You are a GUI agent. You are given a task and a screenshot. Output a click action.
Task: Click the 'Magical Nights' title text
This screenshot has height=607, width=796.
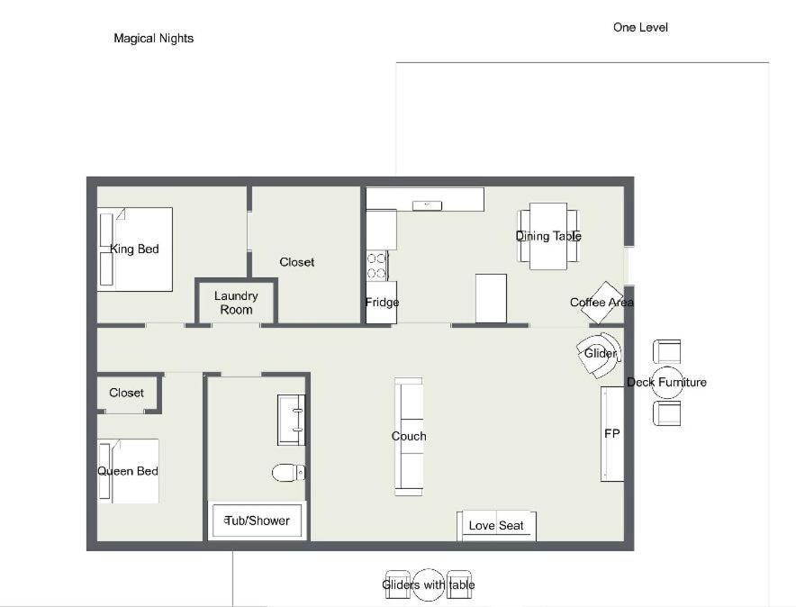(x=153, y=39)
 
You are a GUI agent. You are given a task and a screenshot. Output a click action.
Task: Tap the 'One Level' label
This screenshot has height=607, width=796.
(x=640, y=27)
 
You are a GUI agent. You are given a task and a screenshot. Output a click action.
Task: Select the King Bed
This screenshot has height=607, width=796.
(x=135, y=249)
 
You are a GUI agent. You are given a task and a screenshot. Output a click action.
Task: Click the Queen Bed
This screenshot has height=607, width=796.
(x=128, y=471)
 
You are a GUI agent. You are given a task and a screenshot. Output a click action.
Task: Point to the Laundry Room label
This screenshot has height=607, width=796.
(x=236, y=303)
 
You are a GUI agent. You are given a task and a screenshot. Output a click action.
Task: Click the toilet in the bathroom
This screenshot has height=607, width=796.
(x=288, y=473)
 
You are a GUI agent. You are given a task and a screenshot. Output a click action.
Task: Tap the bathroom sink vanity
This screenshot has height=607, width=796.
(x=292, y=420)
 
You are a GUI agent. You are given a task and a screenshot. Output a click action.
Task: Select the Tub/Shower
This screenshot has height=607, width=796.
(x=257, y=521)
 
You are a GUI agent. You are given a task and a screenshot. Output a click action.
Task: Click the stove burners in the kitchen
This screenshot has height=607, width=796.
(x=376, y=266)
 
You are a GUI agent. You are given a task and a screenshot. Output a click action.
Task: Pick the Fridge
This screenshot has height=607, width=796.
(x=381, y=303)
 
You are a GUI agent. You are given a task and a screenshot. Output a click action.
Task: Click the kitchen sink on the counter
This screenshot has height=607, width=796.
(x=427, y=205)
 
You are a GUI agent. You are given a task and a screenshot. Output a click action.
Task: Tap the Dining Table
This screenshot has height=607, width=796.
(x=548, y=236)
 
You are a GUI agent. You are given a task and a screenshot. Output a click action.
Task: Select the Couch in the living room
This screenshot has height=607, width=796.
(x=409, y=437)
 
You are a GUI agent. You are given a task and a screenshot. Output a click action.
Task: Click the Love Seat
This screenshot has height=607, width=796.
(x=496, y=526)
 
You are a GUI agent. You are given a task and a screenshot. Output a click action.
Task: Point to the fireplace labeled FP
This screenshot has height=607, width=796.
(x=612, y=434)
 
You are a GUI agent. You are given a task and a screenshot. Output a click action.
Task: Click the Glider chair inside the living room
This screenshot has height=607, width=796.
(x=600, y=354)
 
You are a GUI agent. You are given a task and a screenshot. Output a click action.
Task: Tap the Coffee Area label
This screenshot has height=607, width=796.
(x=602, y=303)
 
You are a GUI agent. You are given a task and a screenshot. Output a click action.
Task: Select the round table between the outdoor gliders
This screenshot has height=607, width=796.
(x=429, y=584)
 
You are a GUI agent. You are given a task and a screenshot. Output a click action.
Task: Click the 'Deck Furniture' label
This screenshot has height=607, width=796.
(x=666, y=382)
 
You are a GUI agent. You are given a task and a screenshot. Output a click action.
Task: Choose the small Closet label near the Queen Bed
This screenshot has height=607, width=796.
(x=126, y=393)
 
